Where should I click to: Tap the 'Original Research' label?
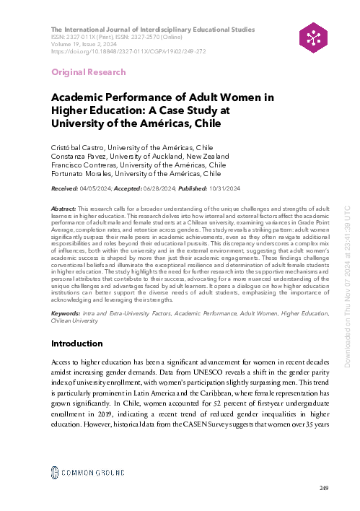click(88, 72)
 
